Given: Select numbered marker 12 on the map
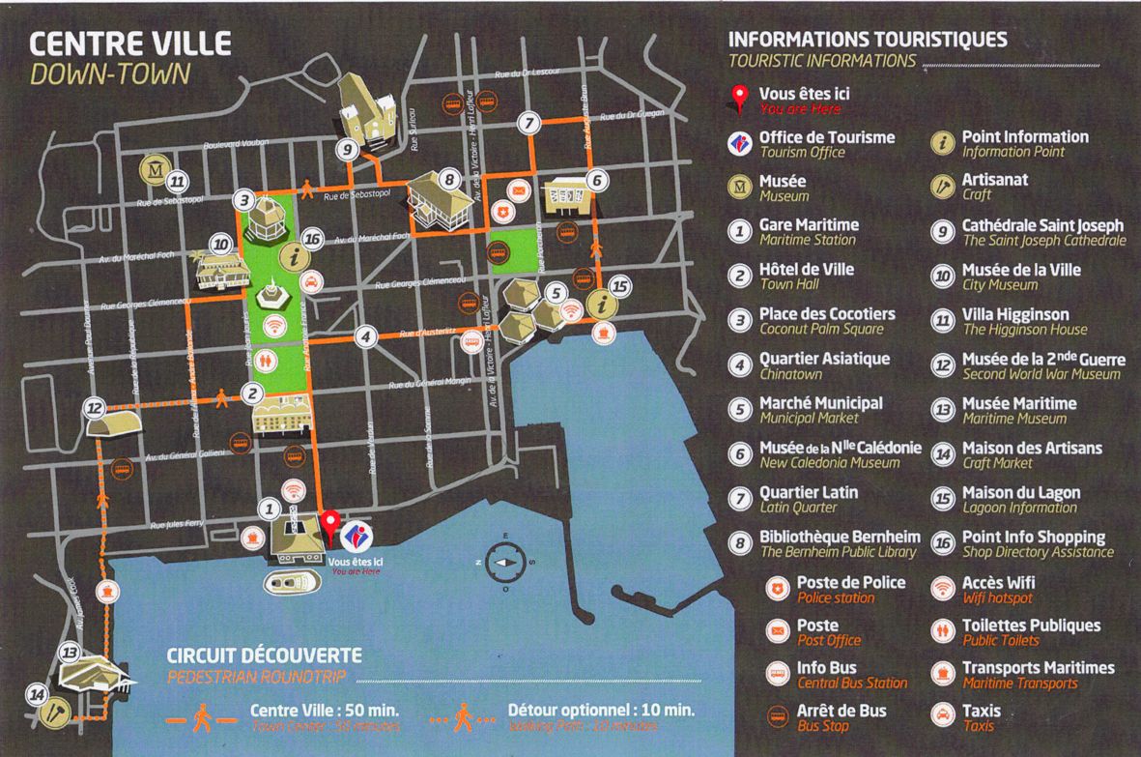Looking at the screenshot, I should [94, 409].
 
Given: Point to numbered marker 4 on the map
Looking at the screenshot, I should [364, 336].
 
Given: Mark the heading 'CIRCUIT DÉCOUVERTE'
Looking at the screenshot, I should [264, 656].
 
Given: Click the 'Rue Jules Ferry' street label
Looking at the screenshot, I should [177, 523].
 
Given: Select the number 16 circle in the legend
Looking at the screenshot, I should [943, 544].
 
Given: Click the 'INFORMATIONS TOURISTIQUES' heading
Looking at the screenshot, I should [867, 41].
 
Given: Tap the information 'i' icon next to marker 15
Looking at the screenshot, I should [604, 304].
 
